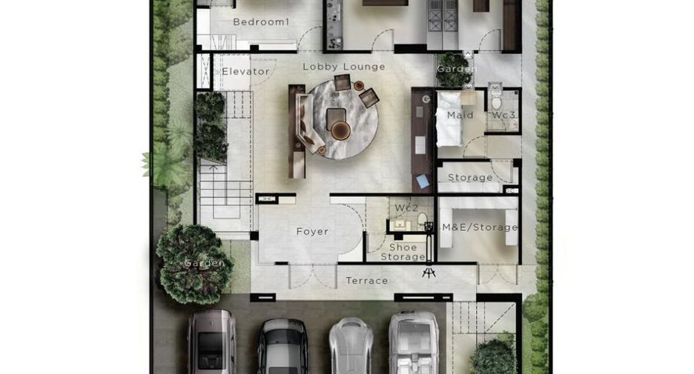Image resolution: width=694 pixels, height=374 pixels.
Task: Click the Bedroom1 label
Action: (x=261, y=21)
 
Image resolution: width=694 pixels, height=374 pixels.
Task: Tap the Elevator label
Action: (x=245, y=71)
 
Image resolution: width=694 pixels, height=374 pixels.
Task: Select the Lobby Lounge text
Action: (x=344, y=67)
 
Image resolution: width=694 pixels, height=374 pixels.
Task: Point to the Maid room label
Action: (x=460, y=115)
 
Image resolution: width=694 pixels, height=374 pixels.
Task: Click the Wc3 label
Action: (x=503, y=115)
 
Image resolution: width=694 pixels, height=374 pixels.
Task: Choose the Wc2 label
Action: (x=406, y=207)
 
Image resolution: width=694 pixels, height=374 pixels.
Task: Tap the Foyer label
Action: (x=312, y=231)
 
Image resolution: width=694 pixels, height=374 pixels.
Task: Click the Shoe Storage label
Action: (x=403, y=252)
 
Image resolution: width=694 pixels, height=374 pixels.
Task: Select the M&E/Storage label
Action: (x=480, y=227)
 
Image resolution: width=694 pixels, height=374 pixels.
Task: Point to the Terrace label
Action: (x=367, y=280)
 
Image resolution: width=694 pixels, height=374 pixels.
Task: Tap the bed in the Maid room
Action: (x=449, y=118)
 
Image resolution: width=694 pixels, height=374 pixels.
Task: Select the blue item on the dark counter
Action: (x=423, y=181)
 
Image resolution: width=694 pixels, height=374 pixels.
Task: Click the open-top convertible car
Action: (x=414, y=342)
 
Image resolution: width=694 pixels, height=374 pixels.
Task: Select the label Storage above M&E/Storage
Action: (x=470, y=177)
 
